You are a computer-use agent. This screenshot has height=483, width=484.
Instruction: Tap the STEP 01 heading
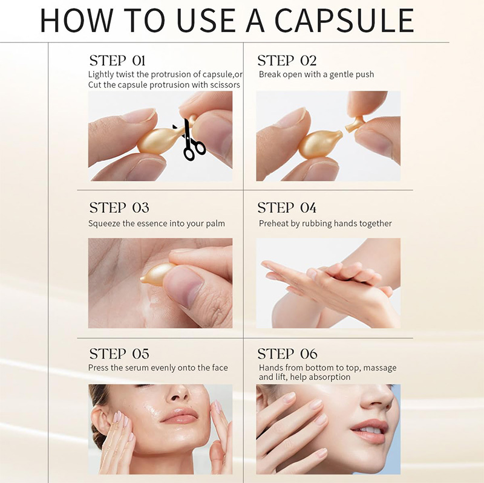(x=117, y=60)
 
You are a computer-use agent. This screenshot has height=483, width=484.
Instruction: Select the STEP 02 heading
(x=287, y=60)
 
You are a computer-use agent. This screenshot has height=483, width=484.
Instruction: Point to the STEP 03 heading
(x=119, y=208)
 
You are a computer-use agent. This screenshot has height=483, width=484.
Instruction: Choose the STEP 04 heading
(x=287, y=208)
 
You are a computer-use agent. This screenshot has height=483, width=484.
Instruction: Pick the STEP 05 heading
(x=119, y=354)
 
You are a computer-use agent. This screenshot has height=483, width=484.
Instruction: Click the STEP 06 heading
(x=287, y=354)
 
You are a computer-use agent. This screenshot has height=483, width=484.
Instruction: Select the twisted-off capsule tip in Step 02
(x=356, y=122)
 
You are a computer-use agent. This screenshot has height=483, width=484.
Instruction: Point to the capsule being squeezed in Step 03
(x=158, y=274)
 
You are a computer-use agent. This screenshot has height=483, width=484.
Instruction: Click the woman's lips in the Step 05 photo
(x=179, y=417)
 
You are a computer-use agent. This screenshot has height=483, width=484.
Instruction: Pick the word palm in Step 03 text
(x=215, y=224)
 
